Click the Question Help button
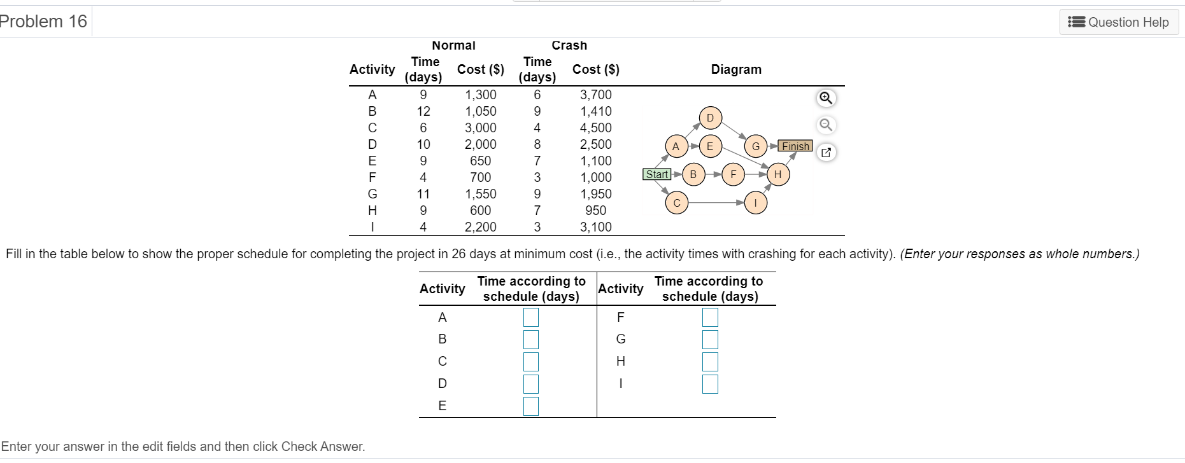coord(1119,22)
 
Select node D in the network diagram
coord(710,118)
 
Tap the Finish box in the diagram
coord(795,146)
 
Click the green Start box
coord(657,174)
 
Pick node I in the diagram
coord(755,203)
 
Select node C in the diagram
coord(677,203)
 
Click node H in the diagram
coord(777,174)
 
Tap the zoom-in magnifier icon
coord(825,98)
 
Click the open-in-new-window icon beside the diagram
coord(826,153)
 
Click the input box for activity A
coord(531,317)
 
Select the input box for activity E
coord(531,406)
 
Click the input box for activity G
coord(710,339)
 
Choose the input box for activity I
coord(710,384)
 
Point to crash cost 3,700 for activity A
coord(595,95)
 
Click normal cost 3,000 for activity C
coord(480,128)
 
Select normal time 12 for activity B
coord(423,111)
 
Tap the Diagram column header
coord(736,69)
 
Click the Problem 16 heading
coord(43,22)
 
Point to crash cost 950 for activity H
coord(595,211)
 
